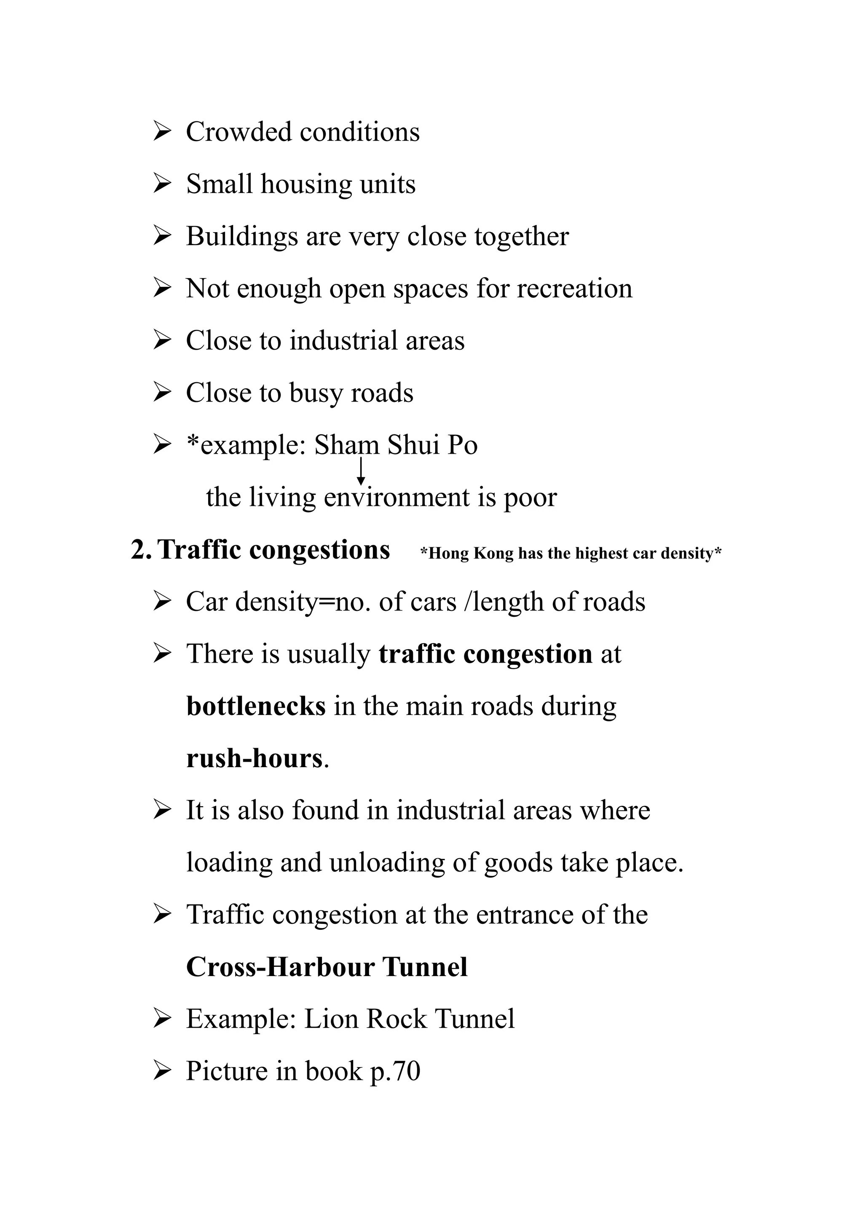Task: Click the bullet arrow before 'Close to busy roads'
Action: coord(161,393)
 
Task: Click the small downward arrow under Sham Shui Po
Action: coord(361,471)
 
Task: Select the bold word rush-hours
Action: coord(255,758)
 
